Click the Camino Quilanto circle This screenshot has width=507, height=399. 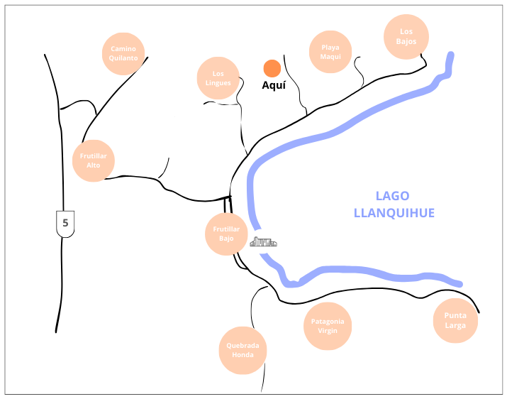point(124,53)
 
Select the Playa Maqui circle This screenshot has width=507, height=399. point(330,52)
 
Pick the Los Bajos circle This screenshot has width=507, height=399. point(406,36)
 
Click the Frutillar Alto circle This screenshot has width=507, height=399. point(94,160)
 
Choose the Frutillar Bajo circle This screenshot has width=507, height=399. point(226,234)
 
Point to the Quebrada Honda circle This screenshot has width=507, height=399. point(243,351)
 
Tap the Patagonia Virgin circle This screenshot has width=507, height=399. point(328,326)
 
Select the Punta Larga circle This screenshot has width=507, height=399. point(455,320)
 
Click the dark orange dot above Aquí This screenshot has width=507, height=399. point(272,68)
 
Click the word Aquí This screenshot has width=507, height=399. point(274,85)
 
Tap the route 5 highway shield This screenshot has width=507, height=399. point(65,223)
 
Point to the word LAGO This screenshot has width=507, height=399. point(392,197)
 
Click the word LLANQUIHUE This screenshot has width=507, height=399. point(394,213)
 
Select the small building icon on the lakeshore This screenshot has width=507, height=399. point(263,242)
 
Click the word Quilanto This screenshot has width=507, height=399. point(124,58)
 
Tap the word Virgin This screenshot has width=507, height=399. point(328,331)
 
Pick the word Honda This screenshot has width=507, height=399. point(243,355)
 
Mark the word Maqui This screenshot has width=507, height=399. point(330,57)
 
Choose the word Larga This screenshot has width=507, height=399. point(455,325)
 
